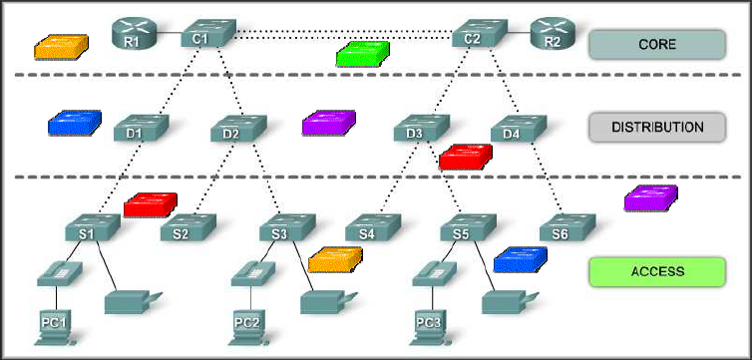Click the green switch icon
[363, 54]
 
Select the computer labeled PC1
[52, 323]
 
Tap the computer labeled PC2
[246, 323]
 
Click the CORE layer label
[656, 45]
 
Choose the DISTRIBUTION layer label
[656, 128]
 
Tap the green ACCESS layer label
[656, 270]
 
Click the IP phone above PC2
[249, 270]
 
